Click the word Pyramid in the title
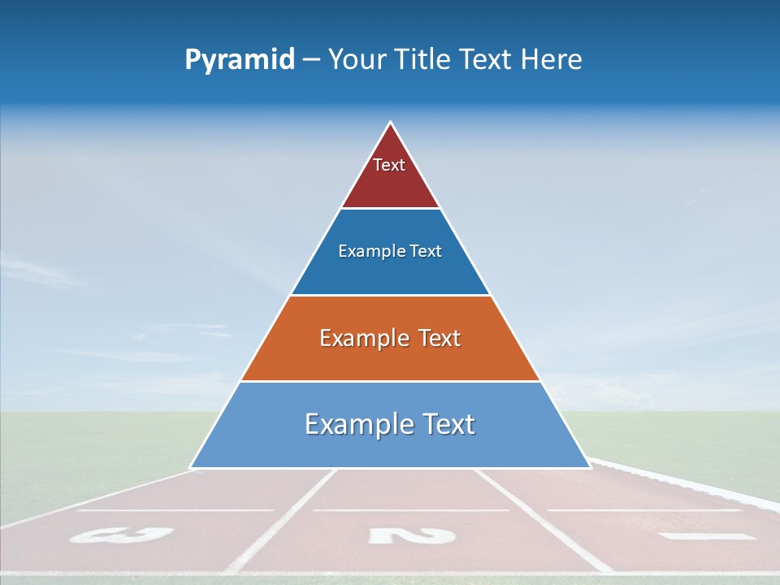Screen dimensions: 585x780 240,60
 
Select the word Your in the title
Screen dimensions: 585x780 358,60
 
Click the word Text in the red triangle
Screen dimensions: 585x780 389,165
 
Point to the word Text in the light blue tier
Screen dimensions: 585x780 445,424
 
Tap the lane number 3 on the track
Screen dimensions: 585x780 122,535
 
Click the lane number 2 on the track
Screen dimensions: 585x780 411,535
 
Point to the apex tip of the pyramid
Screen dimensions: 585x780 391,123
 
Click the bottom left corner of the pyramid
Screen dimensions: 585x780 191,467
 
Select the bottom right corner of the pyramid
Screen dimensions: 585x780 590,467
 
